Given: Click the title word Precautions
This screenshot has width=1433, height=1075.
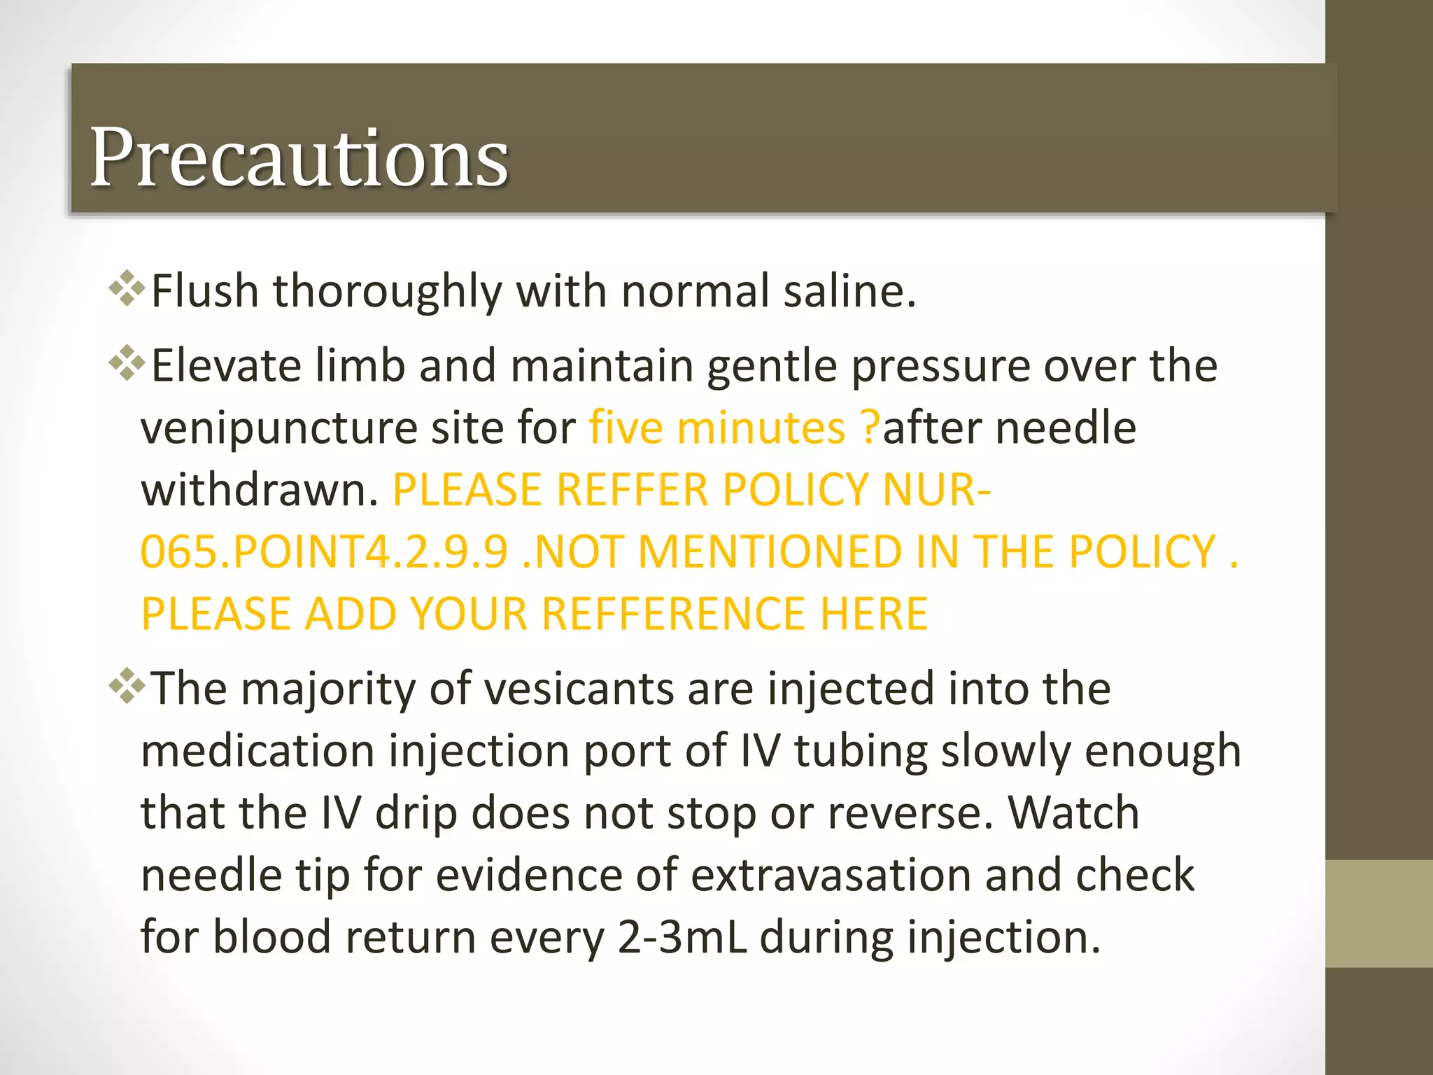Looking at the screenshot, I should (x=299, y=157).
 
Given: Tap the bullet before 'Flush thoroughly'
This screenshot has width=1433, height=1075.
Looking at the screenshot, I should (x=127, y=288).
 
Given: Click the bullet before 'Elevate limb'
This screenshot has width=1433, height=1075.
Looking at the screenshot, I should (x=127, y=363).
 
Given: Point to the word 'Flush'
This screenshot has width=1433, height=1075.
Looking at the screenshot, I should (x=205, y=290).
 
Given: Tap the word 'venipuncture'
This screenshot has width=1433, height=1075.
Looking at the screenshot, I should (x=278, y=428).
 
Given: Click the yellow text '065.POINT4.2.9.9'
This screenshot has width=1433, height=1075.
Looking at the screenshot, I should (x=324, y=551).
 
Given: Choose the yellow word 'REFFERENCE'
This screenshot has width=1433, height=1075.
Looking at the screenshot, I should (x=673, y=614).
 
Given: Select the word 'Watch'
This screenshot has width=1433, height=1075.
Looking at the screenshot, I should (x=1073, y=813).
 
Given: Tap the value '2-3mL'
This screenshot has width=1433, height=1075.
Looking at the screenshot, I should (x=682, y=937).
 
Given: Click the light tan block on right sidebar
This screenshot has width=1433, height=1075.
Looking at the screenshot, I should (x=1378, y=913).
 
